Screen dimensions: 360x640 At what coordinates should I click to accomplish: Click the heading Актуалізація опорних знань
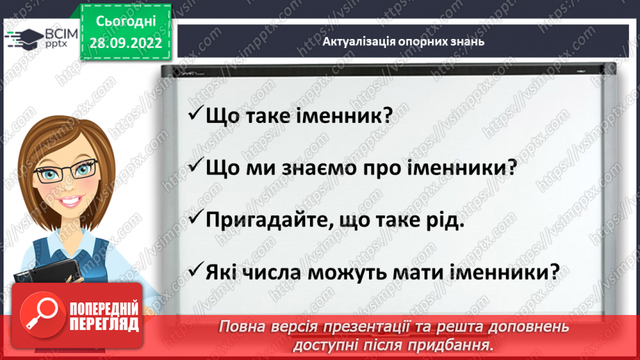[403, 41]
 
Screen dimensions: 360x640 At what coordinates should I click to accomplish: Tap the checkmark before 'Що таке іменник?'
[195, 114]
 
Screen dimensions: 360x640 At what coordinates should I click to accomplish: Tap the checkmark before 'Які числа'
[195, 269]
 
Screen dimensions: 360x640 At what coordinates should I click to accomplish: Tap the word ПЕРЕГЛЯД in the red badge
[104, 323]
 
